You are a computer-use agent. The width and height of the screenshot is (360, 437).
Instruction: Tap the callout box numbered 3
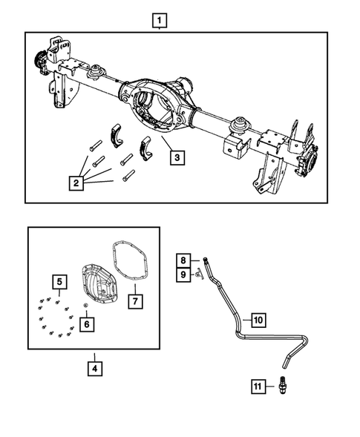(176, 157)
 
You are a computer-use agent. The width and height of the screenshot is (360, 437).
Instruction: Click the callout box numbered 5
(57, 281)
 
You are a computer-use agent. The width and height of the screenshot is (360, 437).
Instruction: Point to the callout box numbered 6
(88, 323)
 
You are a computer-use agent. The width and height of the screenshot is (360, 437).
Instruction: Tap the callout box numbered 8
(181, 260)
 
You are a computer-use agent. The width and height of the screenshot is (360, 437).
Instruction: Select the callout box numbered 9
(181, 275)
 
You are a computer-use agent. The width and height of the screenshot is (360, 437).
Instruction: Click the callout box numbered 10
(258, 321)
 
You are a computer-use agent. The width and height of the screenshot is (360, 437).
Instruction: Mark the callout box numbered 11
(257, 387)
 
